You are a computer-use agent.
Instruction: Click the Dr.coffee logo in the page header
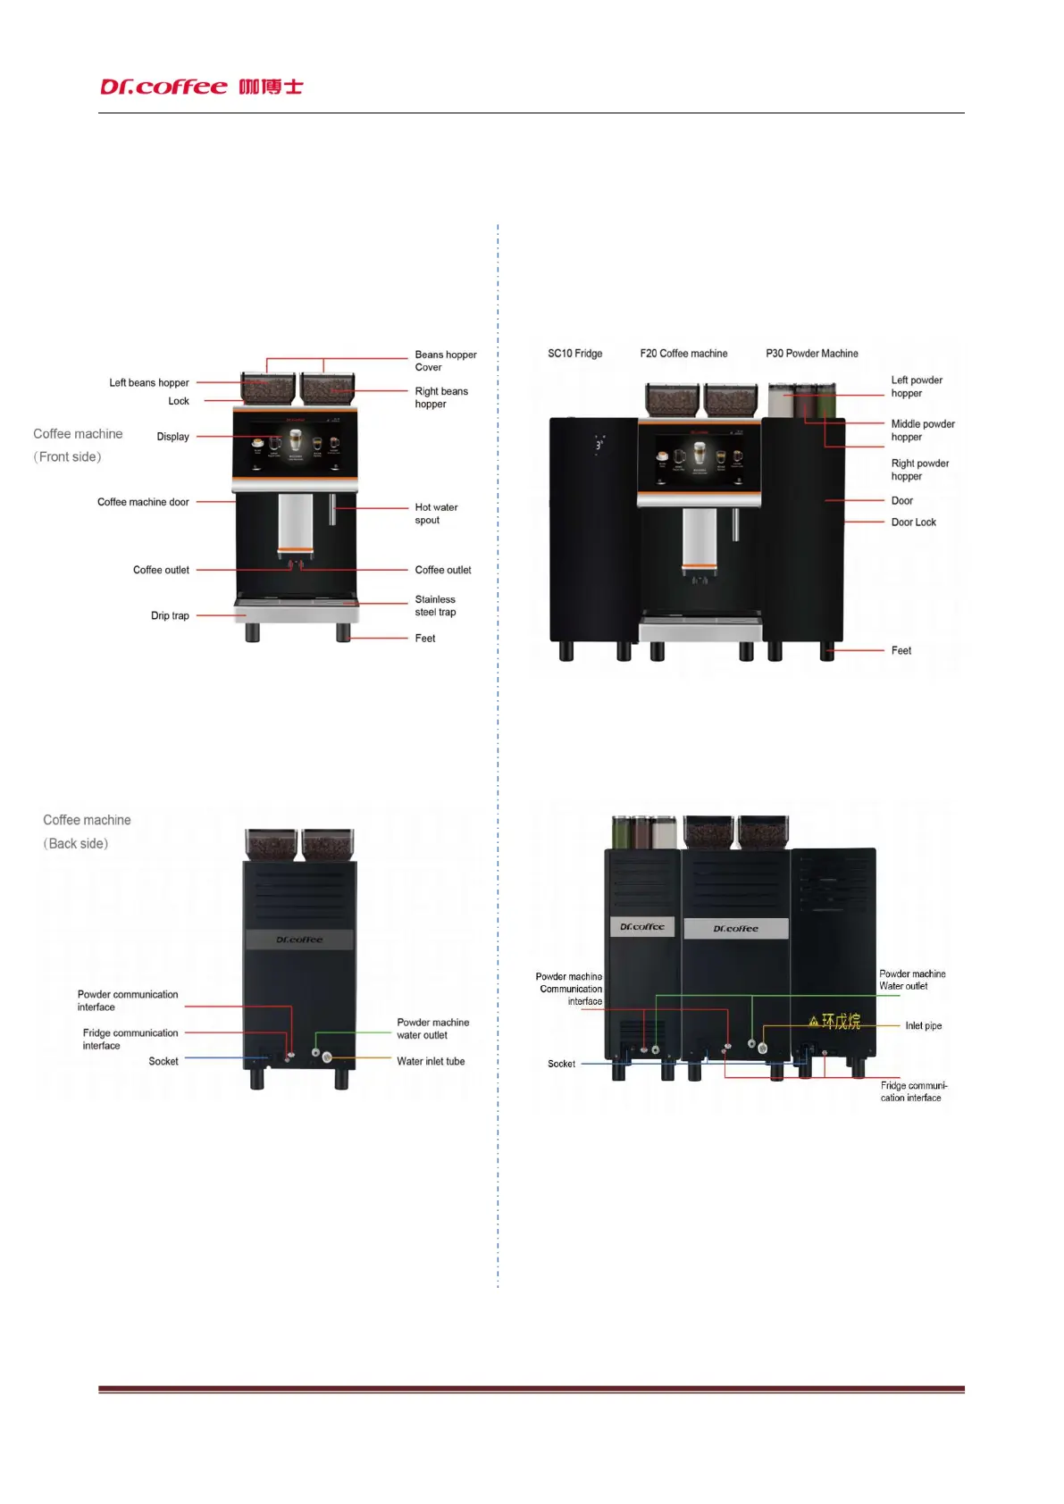[201, 87]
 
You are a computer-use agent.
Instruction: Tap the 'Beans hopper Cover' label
[445, 361]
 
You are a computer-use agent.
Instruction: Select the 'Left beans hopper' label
[148, 383]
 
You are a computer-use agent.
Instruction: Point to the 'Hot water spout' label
[436, 514]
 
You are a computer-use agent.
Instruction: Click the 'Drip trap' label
[170, 616]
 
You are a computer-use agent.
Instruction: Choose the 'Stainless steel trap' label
[435, 606]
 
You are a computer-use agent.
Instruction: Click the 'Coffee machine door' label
[143, 502]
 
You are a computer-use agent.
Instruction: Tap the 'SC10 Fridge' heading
[574, 354]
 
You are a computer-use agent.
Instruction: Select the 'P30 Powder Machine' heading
[811, 354]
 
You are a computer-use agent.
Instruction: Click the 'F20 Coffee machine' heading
[683, 354]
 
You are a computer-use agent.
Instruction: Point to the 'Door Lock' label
[913, 522]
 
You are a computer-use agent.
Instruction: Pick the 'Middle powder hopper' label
[922, 430]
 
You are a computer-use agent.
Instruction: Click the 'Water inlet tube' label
[431, 1062]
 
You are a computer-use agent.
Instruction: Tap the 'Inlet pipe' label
[923, 1026]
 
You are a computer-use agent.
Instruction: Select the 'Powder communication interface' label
[127, 1000]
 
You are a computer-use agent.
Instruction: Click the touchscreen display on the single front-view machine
[295, 444]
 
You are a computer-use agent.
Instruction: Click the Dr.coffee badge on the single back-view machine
[299, 940]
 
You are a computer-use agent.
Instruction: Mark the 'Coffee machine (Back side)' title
[87, 831]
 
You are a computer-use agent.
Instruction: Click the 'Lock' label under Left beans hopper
[179, 402]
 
